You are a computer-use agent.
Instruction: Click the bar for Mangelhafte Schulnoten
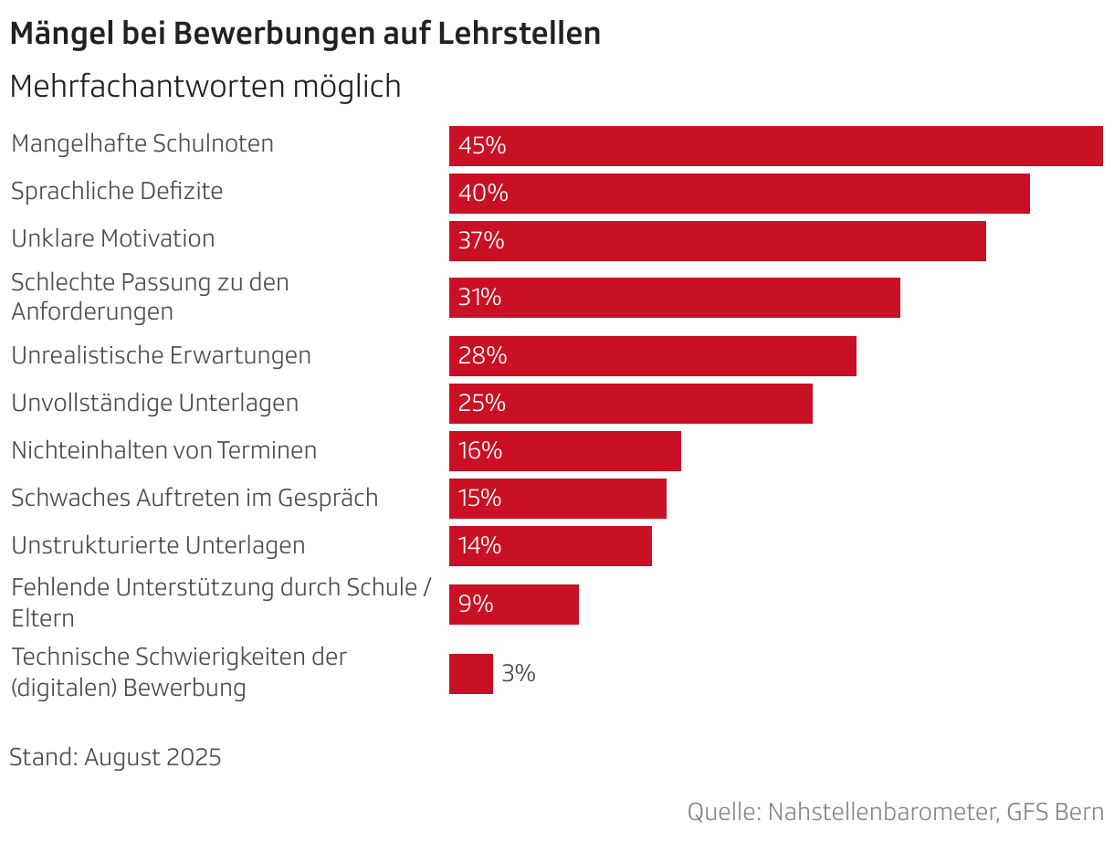point(776,146)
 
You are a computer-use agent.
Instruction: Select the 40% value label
point(483,194)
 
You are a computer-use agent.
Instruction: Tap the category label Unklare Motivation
point(113,238)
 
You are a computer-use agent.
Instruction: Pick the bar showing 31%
point(674,298)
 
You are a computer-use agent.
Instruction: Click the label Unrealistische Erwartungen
point(161,355)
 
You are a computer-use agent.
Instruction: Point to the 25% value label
point(482,403)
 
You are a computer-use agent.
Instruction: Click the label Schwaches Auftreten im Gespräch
point(194,498)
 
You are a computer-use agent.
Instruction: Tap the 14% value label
point(480,546)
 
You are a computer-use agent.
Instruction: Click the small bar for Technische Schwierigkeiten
point(470,674)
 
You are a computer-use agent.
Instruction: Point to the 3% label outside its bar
point(519,674)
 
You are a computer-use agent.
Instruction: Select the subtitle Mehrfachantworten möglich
point(205,87)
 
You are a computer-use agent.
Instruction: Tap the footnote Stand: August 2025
point(115,757)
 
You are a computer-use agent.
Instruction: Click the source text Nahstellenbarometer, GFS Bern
point(935,812)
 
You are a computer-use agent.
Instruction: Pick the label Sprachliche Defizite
point(117,191)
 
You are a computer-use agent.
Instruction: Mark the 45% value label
point(482,146)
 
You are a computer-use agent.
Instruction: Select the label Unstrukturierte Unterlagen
point(158,545)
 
